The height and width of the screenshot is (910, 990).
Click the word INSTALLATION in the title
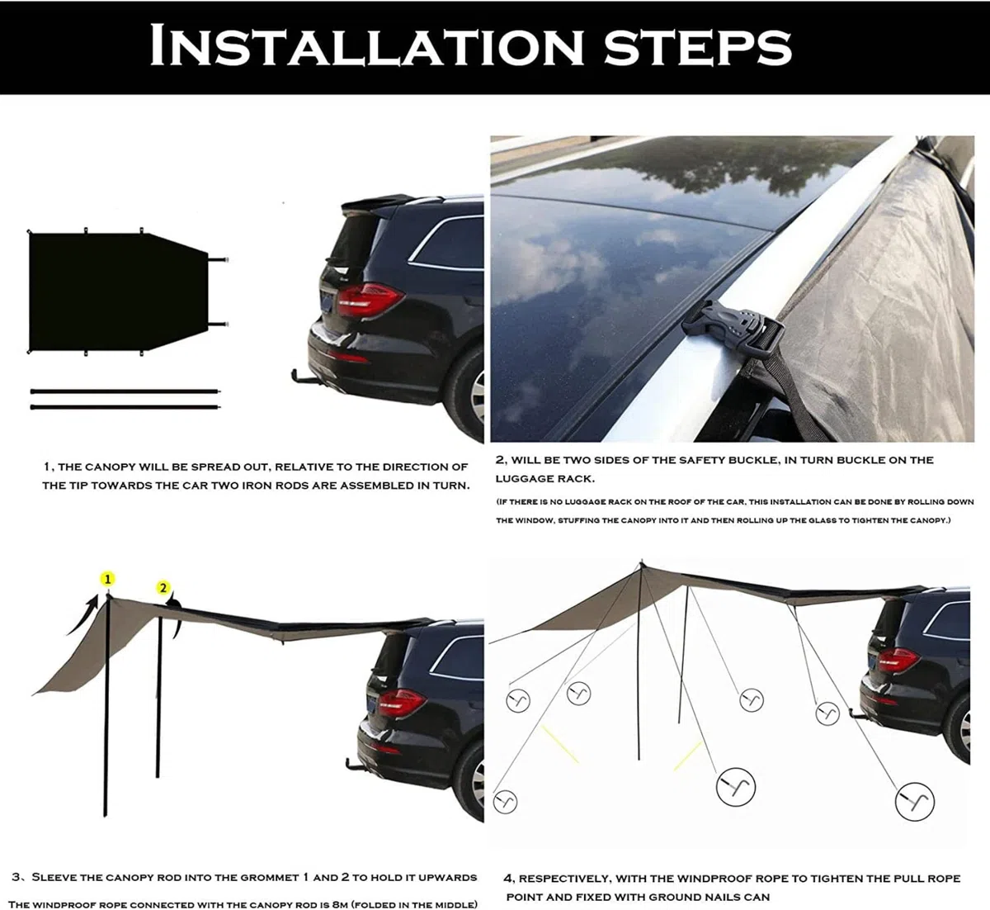[x=366, y=45]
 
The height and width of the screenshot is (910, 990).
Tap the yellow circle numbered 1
[x=107, y=579]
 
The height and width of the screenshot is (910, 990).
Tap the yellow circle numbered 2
[x=163, y=588]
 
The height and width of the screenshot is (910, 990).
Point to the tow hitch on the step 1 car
[x=304, y=377]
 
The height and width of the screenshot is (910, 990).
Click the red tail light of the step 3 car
[x=401, y=704]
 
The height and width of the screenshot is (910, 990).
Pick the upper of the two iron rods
[x=125, y=391]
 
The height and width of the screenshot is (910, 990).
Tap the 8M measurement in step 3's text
[x=340, y=904]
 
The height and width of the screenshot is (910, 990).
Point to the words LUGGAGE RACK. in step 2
[x=545, y=479]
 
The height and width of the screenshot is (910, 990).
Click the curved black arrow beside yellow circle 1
[x=82, y=615]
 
